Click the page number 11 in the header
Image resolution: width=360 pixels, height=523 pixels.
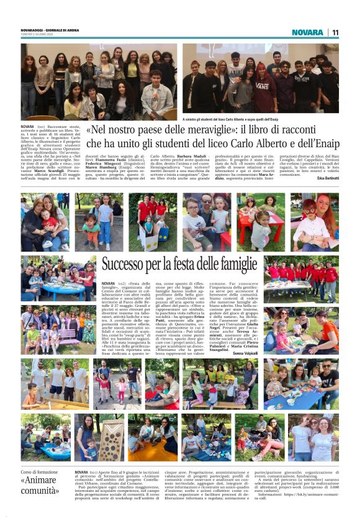pos(335,32)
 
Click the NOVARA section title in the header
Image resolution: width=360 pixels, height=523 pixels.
pos(308,32)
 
